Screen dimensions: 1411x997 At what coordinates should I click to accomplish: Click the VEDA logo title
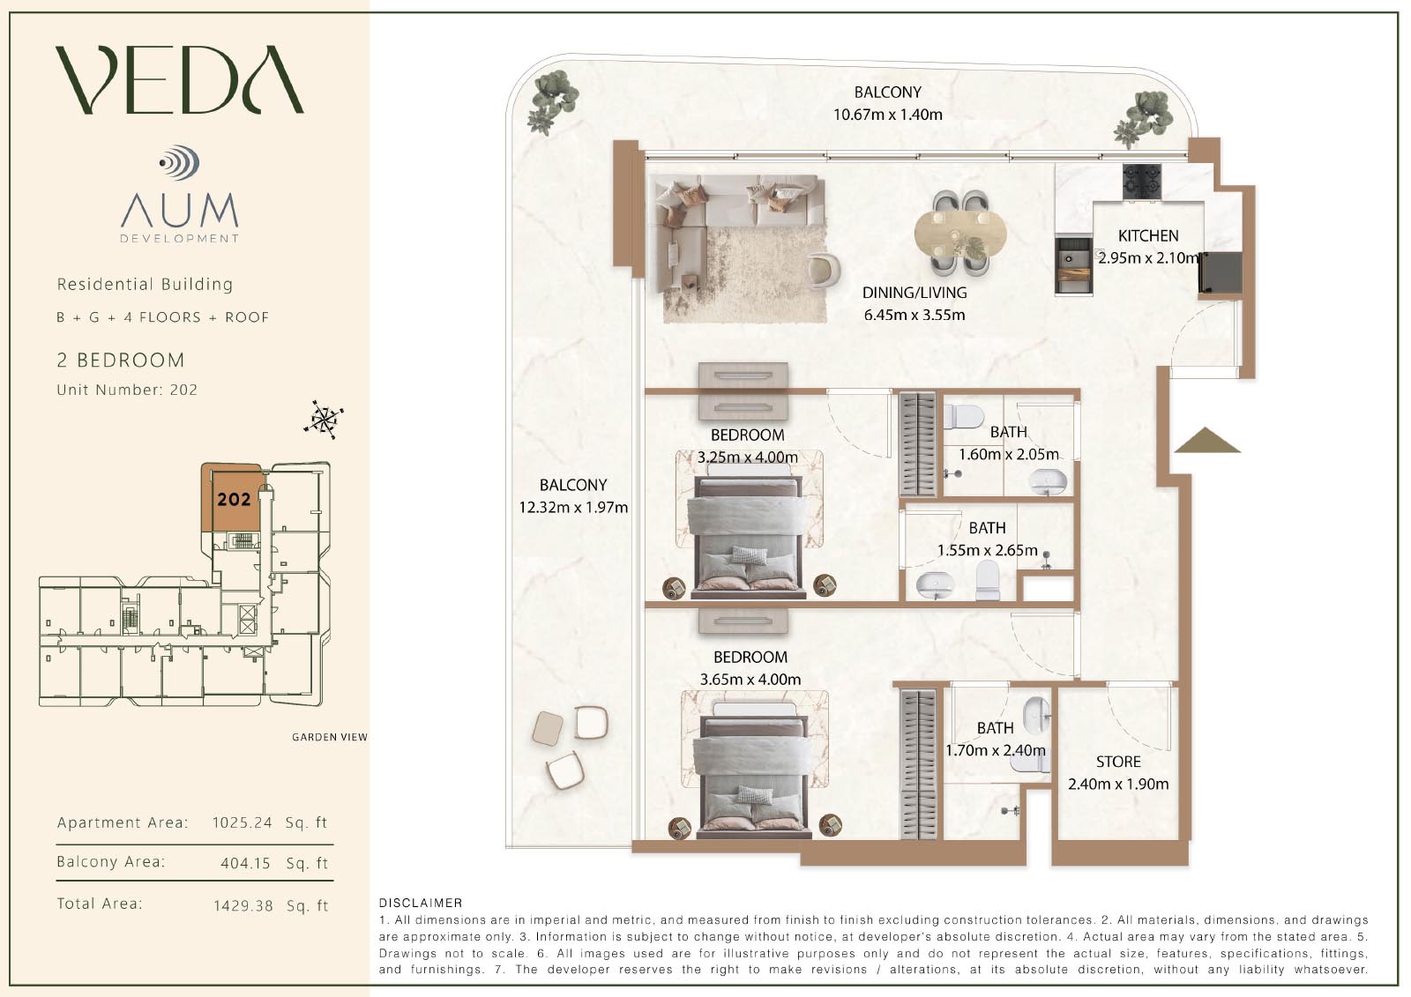pyautogui.click(x=180, y=79)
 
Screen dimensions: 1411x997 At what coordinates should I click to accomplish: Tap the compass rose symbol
pyautogui.click(x=324, y=420)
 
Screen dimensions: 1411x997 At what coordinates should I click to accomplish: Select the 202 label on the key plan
pyautogui.click(x=235, y=500)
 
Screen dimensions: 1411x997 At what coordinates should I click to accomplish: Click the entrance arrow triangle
pyautogui.click(x=1207, y=440)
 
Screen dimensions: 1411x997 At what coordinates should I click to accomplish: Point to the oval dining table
pyautogui.click(x=960, y=234)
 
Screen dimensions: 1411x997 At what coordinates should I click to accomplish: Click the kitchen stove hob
pyautogui.click(x=1142, y=182)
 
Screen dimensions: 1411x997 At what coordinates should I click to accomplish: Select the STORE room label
pyautogui.click(x=1118, y=762)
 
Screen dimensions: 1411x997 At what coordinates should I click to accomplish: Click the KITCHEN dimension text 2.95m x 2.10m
pyautogui.click(x=1148, y=257)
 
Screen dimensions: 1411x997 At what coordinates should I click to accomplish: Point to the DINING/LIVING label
pyautogui.click(x=915, y=293)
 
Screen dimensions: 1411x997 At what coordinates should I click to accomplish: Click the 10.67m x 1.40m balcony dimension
pyautogui.click(x=887, y=115)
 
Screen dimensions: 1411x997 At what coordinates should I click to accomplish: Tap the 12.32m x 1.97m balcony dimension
pyautogui.click(x=573, y=507)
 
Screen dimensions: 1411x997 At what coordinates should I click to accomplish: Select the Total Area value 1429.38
pyautogui.click(x=243, y=905)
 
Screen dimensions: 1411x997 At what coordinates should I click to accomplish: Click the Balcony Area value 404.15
pyautogui.click(x=245, y=863)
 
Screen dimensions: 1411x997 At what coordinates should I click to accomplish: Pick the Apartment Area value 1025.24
pyautogui.click(x=242, y=822)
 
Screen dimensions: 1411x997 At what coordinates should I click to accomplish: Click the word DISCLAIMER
pyautogui.click(x=421, y=903)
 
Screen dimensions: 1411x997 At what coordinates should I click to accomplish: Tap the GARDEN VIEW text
pyautogui.click(x=330, y=737)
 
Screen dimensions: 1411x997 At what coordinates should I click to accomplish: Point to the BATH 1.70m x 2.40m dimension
pyautogui.click(x=996, y=750)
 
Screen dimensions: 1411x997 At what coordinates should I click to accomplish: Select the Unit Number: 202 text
pyautogui.click(x=127, y=390)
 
